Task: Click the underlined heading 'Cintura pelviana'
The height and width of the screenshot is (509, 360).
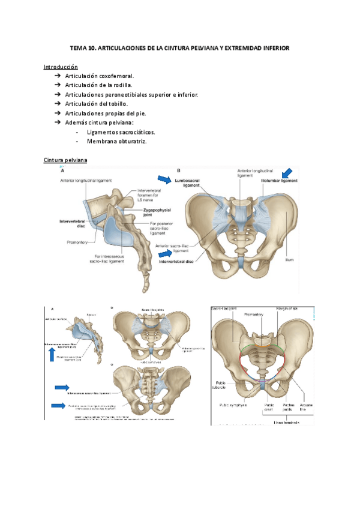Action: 66,160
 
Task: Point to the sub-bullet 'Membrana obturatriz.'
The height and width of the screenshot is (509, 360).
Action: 116,141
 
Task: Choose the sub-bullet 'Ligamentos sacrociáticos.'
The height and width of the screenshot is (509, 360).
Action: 121,131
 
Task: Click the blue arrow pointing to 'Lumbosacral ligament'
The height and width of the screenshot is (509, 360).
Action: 163,179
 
